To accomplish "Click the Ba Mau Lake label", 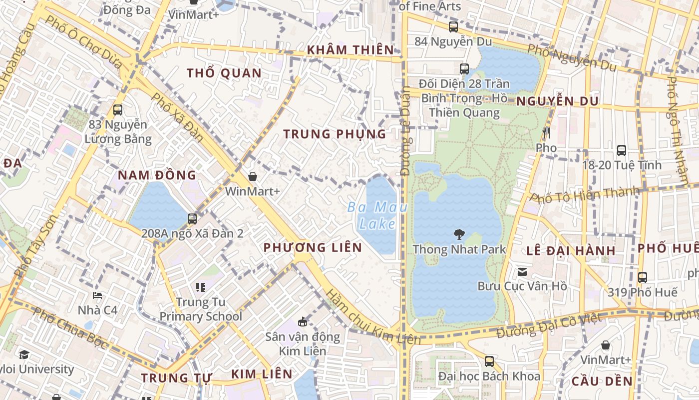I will (377, 215).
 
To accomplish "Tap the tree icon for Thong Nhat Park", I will (459, 234).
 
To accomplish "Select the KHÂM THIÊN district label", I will (350, 50).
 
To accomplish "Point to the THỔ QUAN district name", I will (224, 73).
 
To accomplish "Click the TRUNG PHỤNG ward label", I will (335, 134).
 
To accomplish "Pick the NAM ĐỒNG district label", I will (157, 175).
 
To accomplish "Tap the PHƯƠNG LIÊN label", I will (313, 247).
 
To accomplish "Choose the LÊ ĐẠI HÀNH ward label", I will (571, 250).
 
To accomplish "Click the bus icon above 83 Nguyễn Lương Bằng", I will (118, 110).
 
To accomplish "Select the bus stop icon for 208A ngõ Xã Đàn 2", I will (192, 218).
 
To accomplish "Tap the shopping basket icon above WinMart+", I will (253, 176).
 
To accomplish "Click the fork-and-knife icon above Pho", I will (546, 133).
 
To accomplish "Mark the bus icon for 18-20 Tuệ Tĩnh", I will (622, 150).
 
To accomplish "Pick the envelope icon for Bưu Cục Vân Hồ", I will (522, 272).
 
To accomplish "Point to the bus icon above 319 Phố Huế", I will (643, 277).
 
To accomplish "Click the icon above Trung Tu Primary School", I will (201, 287).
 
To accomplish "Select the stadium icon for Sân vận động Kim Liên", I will (302, 321).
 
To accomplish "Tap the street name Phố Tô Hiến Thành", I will (585, 194).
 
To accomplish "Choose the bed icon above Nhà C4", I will (98, 295).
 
